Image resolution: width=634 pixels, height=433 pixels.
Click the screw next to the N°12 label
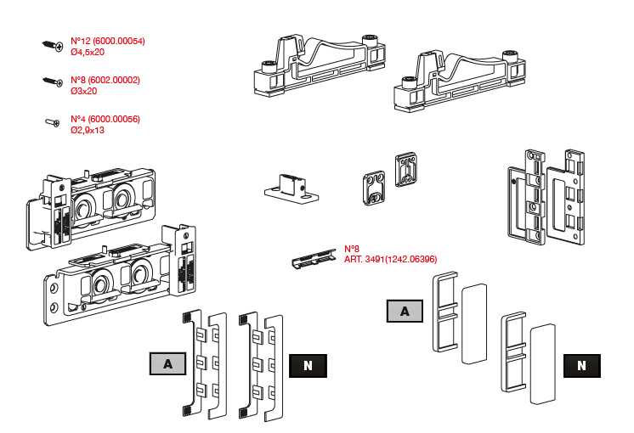tap(52, 45)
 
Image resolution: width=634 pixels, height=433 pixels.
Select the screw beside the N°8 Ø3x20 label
tap(53, 82)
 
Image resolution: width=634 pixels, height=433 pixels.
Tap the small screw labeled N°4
tap(52, 123)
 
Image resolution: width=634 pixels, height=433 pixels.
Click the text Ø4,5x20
tap(88, 52)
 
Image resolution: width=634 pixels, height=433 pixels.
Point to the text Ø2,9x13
tap(88, 130)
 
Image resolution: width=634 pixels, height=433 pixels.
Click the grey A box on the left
tap(168, 364)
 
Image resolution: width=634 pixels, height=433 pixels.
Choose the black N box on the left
tap(308, 365)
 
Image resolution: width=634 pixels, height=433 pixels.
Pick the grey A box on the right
tap(405, 312)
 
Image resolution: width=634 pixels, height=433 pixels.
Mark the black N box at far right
tap(581, 366)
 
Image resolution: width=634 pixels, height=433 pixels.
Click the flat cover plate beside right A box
tap(473, 323)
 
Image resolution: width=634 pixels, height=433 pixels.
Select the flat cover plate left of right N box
tap(541, 361)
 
